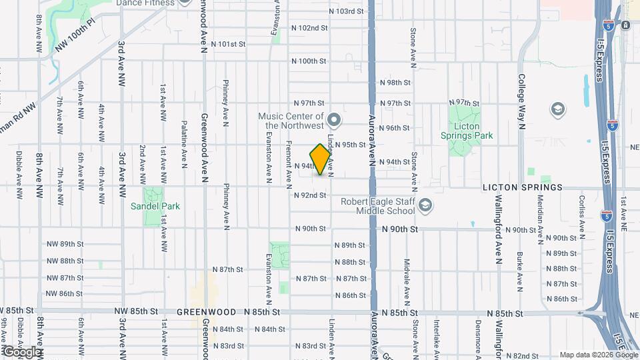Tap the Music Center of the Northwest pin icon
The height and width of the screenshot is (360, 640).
click(335, 120)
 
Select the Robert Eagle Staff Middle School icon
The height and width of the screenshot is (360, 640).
click(425, 206)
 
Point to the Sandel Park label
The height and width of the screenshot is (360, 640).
click(155, 206)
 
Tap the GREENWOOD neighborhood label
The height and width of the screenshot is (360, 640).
click(207, 312)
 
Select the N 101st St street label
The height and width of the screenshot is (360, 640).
click(229, 44)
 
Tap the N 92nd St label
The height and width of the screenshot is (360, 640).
click(310, 195)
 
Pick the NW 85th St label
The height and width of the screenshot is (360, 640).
click(136, 311)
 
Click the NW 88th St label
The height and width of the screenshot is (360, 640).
click(65, 261)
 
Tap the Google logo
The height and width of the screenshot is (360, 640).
click(21, 351)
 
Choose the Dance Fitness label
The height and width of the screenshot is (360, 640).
click(145, 3)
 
